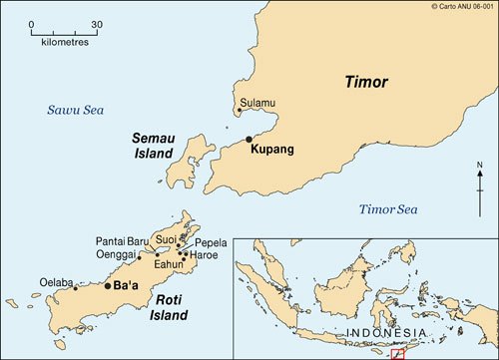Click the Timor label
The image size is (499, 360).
coord(366,83)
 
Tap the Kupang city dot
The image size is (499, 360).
coord(249,140)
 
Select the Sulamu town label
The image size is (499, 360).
coord(256,102)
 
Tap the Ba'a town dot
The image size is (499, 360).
coord(108,286)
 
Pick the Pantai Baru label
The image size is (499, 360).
coord(123,240)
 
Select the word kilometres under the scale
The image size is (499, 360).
coord(65,43)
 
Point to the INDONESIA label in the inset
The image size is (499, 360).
coord(386,331)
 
